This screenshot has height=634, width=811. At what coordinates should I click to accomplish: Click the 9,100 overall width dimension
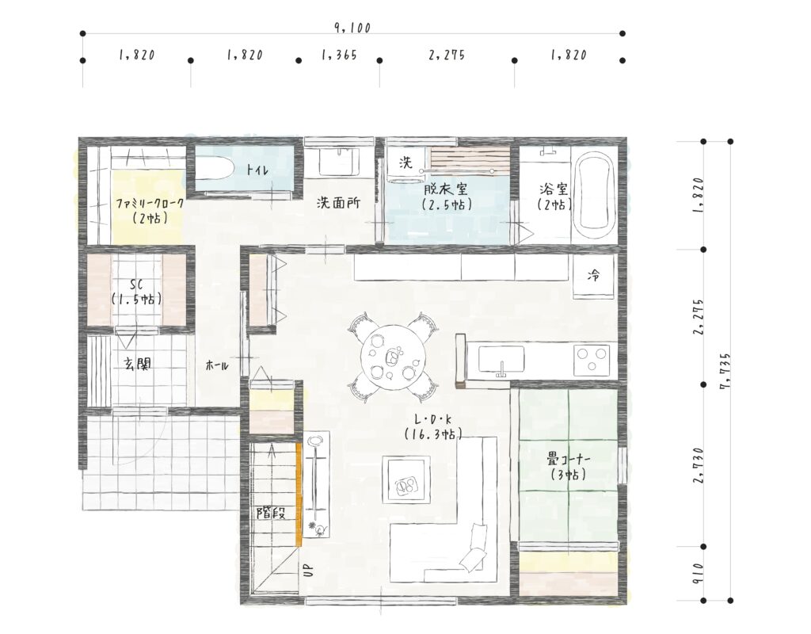pos(352,28)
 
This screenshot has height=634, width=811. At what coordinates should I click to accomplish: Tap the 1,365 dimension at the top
pos(339,55)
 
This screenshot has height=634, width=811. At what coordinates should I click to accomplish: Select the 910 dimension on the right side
pos(699,574)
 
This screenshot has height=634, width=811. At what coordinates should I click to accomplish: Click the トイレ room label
pos(257,169)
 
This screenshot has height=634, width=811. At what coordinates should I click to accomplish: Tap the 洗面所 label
pos(338,203)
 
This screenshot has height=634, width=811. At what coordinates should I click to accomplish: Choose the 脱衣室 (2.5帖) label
pos(447,197)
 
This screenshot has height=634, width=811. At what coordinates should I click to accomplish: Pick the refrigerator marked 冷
pos(594,277)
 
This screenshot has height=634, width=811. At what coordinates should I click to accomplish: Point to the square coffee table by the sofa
pos(406,479)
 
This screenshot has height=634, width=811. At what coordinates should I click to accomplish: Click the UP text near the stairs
pos(308,570)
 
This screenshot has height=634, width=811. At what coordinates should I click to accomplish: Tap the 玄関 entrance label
pos(138,364)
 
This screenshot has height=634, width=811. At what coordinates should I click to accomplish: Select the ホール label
pos(217,365)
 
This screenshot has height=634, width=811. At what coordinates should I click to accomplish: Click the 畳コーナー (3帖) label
pos(569,466)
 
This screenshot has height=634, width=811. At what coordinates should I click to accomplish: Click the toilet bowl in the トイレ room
pos(214,169)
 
